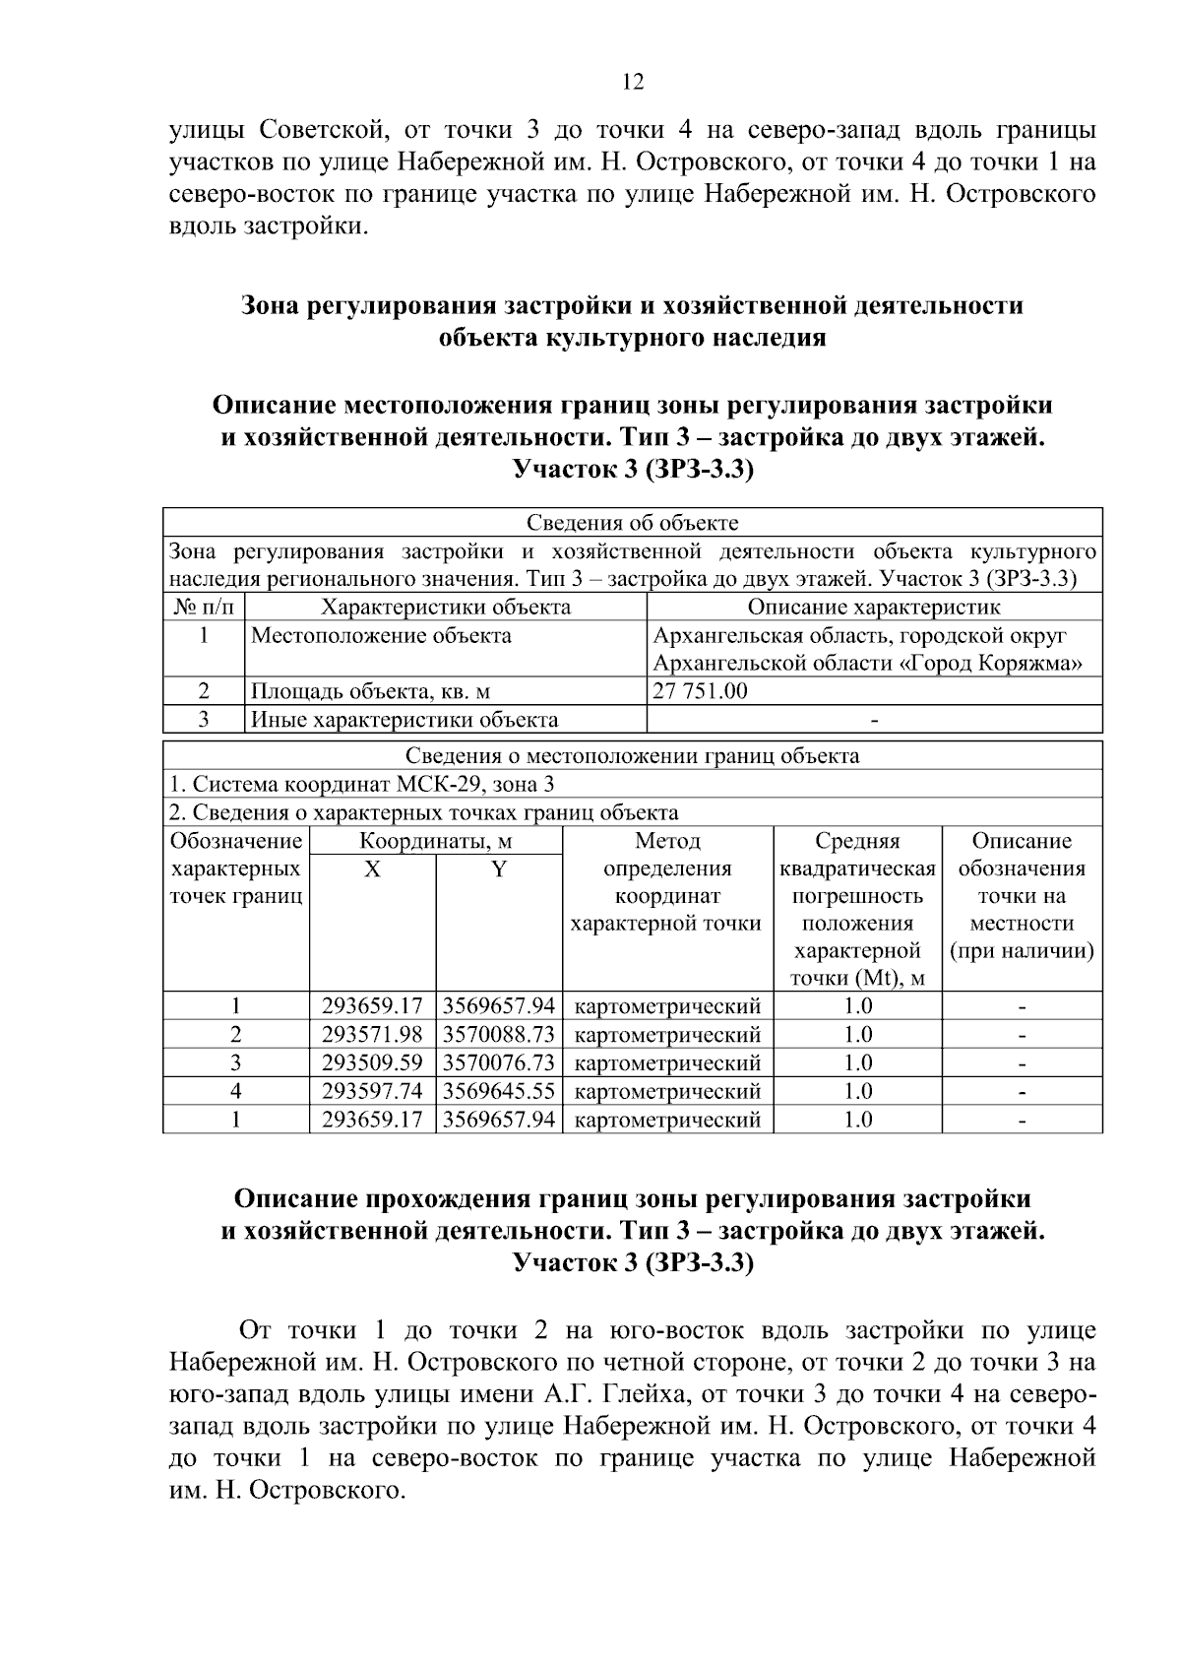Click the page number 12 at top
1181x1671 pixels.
pyautogui.click(x=633, y=82)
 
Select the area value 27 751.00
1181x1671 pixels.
pyautogui.click(x=700, y=691)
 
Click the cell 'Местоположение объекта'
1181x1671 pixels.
pyautogui.click(x=381, y=635)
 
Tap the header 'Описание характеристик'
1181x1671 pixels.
pyautogui.click(x=874, y=607)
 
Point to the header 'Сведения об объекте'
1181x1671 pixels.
pyautogui.click(x=632, y=522)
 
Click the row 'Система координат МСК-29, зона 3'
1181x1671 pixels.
pyautogui.click(x=362, y=785)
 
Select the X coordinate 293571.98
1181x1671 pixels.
pyautogui.click(x=372, y=1035)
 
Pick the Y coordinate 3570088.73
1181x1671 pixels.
pyautogui.click(x=499, y=1035)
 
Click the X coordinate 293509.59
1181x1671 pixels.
pyautogui.click(x=372, y=1063)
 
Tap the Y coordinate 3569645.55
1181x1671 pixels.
pyautogui.click(x=499, y=1091)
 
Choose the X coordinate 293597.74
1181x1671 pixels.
pyautogui.click(x=372, y=1091)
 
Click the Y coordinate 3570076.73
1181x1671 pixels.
pyautogui.click(x=499, y=1063)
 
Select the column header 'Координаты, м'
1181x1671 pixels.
pyautogui.click(x=435, y=841)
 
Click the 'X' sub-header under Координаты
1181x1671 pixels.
pyautogui.click(x=372, y=869)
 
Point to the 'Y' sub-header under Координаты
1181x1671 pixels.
pyautogui.click(x=499, y=869)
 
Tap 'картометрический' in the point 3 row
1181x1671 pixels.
pyautogui.click(x=667, y=1063)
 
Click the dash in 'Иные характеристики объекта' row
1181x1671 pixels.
pyautogui.click(x=874, y=720)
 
